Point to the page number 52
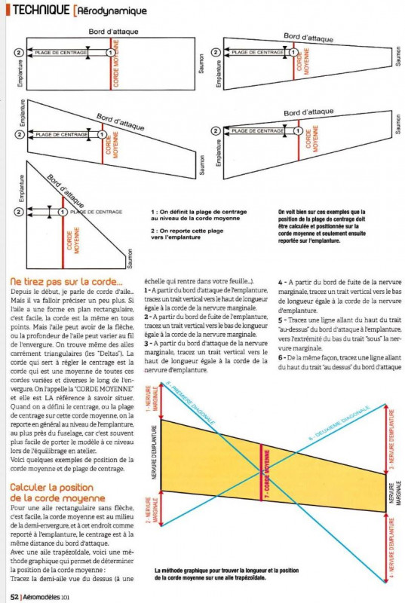(x=14, y=595)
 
